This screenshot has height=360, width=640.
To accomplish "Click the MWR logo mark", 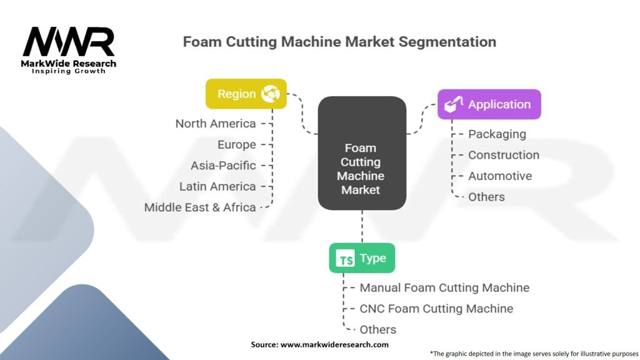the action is click(x=69, y=42).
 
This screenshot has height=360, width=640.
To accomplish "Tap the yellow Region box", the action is click(x=246, y=94).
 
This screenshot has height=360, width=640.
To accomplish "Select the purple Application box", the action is click(x=489, y=104).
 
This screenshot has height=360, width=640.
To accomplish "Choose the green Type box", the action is click(x=362, y=258).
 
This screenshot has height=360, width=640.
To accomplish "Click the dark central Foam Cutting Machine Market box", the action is click(x=362, y=153).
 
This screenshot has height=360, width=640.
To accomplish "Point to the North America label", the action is click(x=216, y=124).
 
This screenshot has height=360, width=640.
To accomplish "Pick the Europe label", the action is click(x=237, y=144).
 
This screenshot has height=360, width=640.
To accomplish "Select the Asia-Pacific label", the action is click(x=223, y=165).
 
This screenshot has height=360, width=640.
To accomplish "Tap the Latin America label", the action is click(x=217, y=186).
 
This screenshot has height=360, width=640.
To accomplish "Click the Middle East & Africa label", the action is click(x=200, y=207).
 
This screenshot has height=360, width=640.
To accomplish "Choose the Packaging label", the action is click(x=497, y=134).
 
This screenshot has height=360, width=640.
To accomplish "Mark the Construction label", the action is click(x=504, y=155).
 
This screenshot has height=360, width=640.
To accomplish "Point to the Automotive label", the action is click(x=500, y=176).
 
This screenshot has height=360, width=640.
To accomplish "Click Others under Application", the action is click(x=486, y=197).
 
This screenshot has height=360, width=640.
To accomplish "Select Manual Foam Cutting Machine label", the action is click(x=444, y=287).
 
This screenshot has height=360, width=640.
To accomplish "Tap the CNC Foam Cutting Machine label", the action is click(x=436, y=309).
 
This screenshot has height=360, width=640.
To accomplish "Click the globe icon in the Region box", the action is click(x=271, y=94).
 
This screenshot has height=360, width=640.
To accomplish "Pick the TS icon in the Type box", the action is click(x=345, y=258).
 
